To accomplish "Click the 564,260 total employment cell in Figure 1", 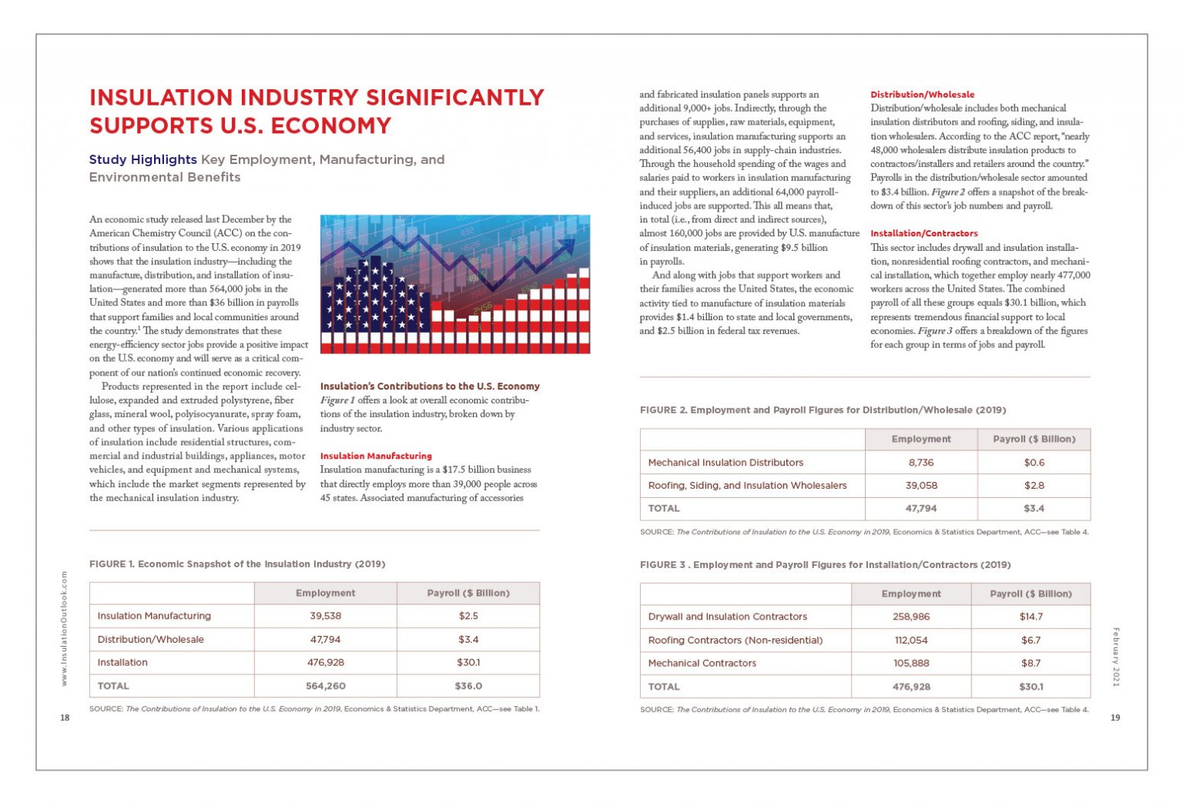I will (x=325, y=686).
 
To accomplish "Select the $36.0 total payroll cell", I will (x=468, y=686).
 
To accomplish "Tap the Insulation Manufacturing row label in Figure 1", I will (x=154, y=616).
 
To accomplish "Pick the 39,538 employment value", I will (x=325, y=616).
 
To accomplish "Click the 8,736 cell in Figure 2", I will (x=921, y=463).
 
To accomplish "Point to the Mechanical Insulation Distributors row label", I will (x=726, y=463).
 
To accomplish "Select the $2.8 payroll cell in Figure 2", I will (x=1034, y=486).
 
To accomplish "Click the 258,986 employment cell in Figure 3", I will (x=911, y=617).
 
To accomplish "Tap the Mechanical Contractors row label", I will (x=702, y=663).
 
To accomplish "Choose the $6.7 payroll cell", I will (x=1031, y=640).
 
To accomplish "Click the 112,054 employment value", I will (x=911, y=640).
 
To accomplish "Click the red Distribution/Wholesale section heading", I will (x=922, y=95).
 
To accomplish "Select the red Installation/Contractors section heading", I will (x=923, y=233).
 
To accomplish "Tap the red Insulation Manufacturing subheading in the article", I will (x=376, y=456).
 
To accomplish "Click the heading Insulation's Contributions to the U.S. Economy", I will (x=430, y=386).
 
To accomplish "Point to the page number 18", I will (x=65, y=717).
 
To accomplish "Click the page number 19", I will (x=1115, y=717).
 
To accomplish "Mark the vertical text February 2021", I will (x=1115, y=657).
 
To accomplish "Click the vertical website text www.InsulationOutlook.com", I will (x=65, y=628).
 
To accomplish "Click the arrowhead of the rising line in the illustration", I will (x=568, y=245).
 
